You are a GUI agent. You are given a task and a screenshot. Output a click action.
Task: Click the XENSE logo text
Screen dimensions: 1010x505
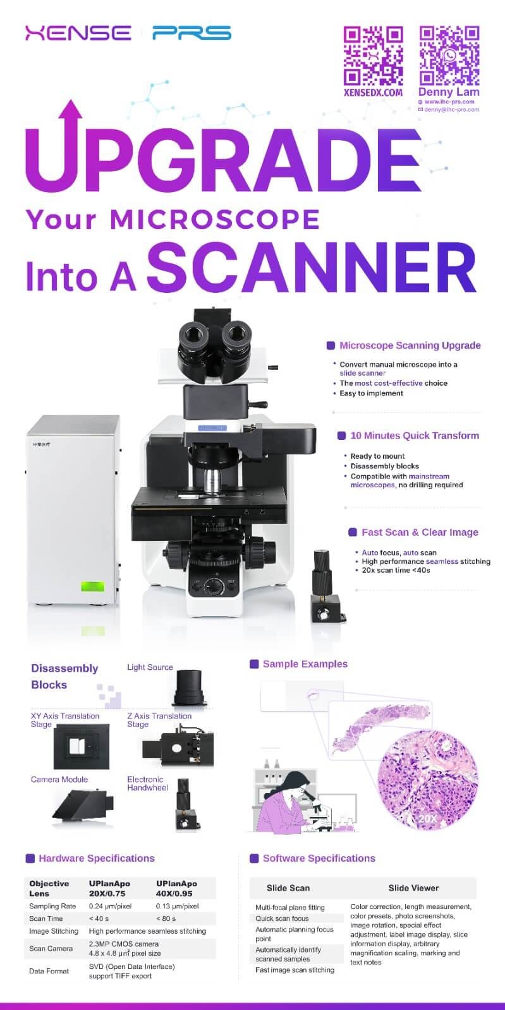click(78, 33)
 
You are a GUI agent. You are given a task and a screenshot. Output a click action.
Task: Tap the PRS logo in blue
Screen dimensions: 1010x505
click(192, 33)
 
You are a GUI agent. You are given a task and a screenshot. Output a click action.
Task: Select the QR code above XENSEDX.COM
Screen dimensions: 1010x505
click(373, 56)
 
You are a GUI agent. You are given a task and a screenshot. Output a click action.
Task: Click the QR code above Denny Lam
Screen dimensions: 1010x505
click(449, 56)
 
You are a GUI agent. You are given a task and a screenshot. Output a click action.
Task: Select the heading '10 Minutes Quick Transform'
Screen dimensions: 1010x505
click(415, 436)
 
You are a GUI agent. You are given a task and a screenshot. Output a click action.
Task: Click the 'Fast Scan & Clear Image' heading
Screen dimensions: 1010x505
click(420, 532)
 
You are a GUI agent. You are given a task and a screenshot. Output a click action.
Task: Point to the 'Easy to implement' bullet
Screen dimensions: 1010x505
click(371, 393)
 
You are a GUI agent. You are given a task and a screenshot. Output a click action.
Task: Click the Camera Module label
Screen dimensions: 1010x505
click(59, 780)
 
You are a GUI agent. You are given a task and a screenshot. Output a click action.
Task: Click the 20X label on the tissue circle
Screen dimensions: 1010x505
click(427, 819)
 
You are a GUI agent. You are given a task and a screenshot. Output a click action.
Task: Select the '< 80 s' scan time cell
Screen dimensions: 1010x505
click(166, 918)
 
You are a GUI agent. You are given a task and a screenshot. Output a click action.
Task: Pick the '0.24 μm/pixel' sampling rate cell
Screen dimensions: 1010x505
click(110, 906)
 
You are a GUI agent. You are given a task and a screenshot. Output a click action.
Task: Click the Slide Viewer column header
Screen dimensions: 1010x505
click(413, 888)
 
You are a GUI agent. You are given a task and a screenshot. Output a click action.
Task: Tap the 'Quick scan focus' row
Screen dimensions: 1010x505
click(282, 918)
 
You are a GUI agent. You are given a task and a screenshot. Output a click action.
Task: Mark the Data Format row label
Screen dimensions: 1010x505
click(49, 971)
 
